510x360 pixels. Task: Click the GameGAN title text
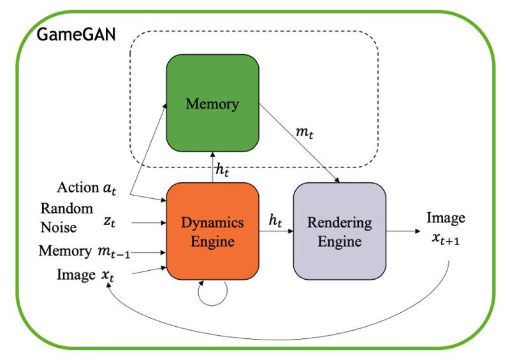[76, 34]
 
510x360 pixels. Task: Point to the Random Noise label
[67, 217]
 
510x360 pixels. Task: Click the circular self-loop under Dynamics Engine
[212, 294]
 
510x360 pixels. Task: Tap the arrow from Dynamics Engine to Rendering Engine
[275, 233]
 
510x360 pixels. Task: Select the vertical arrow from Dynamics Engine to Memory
[212, 167]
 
